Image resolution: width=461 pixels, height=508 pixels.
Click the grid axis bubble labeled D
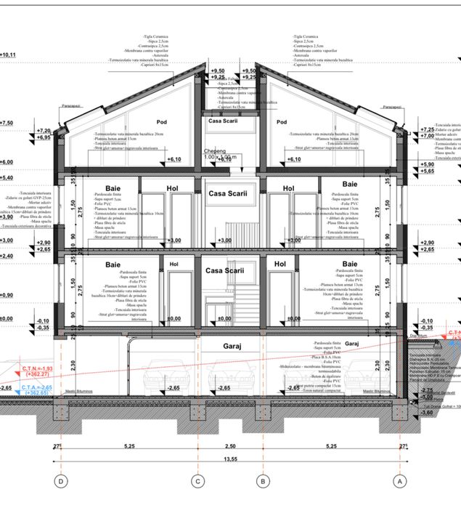pyautogui.click(x=61, y=480)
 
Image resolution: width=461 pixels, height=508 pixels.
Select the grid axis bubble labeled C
pyautogui.click(x=196, y=480)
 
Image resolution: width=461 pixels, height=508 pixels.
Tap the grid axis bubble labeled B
pyautogui.click(x=263, y=480)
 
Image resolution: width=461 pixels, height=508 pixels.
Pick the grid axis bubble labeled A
pyautogui.click(x=398, y=480)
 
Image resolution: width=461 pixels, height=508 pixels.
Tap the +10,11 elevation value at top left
pyautogui.click(x=8, y=55)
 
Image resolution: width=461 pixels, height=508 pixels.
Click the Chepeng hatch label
pyautogui.click(x=215, y=150)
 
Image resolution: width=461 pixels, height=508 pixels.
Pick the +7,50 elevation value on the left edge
pyautogui.click(x=7, y=123)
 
